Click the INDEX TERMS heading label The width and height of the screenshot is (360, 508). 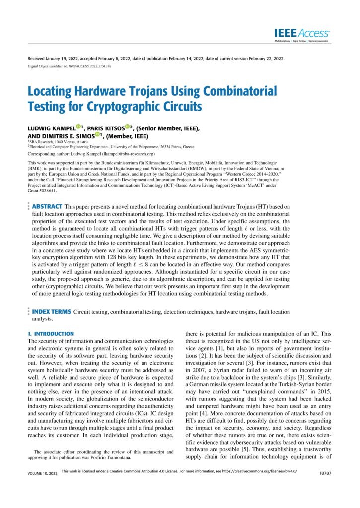[x=51, y=311]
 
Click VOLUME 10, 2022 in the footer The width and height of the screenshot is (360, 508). [x=43, y=487]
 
